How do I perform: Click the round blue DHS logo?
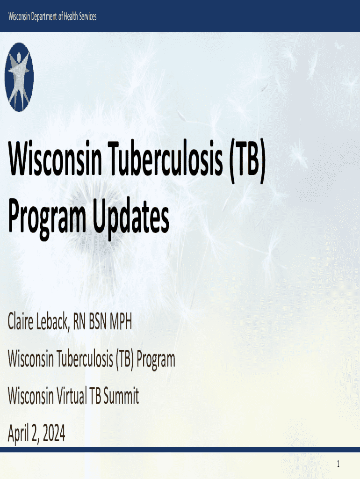tap(19, 77)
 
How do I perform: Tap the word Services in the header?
tap(87, 16)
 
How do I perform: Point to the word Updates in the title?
tap(131, 218)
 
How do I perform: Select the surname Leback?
tap(52, 322)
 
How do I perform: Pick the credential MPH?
tap(121, 322)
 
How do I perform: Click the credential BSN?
tap(98, 322)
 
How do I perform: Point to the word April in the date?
tap(19, 434)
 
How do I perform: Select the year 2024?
tap(54, 433)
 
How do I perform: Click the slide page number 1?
tap(338, 464)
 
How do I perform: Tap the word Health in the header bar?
tap(71, 16)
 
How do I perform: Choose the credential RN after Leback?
tap(79, 322)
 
